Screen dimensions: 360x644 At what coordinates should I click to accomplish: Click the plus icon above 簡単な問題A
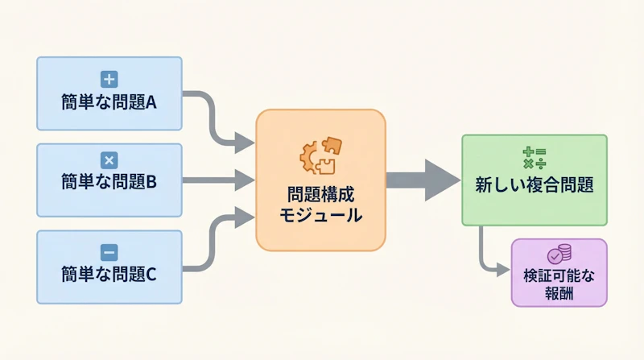coord(109,79)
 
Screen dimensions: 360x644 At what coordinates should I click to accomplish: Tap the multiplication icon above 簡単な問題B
coord(109,159)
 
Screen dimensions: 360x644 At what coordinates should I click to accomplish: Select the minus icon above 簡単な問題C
coord(109,250)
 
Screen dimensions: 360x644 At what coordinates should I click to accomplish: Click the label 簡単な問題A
coord(109,102)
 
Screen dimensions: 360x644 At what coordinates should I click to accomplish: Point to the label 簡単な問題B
coord(109,182)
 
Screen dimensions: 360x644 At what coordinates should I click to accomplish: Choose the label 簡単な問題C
coord(109,274)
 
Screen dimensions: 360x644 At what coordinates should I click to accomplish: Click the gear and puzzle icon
coord(320,155)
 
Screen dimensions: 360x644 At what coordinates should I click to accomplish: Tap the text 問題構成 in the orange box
coord(320,195)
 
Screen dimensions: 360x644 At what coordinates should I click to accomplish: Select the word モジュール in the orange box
coord(320,216)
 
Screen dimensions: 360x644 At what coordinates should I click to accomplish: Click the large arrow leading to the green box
coord(423,180)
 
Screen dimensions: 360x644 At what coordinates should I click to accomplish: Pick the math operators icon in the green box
coord(534,157)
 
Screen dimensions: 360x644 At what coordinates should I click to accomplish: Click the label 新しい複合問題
coord(534,184)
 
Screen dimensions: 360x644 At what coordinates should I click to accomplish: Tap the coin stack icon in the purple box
coord(559,254)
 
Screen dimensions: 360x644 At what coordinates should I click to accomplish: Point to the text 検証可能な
coord(559,275)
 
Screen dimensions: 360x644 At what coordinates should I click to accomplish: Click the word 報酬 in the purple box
coord(559,294)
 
